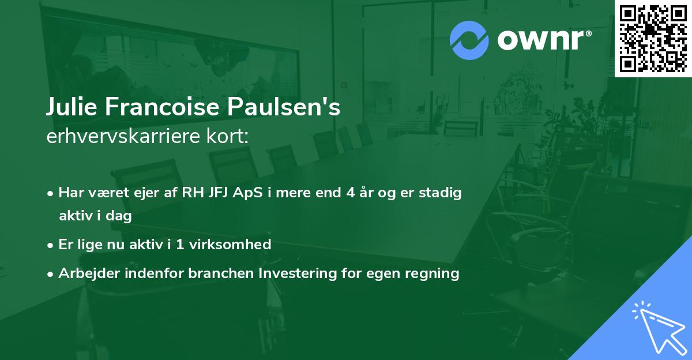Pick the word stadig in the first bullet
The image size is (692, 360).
tap(441, 193)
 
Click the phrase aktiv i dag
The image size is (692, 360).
tap(95, 216)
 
